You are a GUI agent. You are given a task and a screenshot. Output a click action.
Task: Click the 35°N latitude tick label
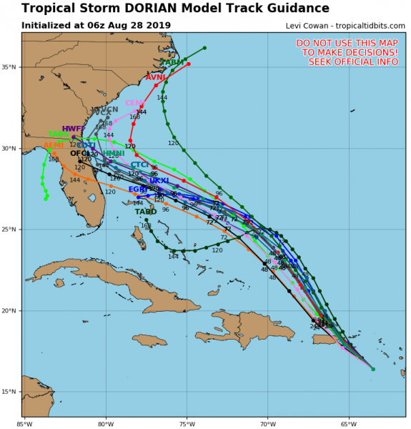click(11, 67)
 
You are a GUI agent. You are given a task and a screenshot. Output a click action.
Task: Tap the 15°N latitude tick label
click(11, 392)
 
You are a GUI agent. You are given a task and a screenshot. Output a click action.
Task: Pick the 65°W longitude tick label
click(349, 422)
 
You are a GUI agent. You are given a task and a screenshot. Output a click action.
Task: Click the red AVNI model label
click(156, 77)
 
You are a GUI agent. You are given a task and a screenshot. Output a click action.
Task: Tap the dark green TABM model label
click(172, 63)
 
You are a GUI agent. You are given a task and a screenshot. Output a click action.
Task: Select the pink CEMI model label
click(135, 104)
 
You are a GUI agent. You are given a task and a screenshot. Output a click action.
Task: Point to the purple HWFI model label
click(73, 129)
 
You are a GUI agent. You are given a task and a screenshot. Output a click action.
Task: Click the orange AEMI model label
click(54, 146)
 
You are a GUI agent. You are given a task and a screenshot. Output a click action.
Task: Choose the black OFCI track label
click(80, 154)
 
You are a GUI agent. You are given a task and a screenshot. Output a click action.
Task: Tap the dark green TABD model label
click(146, 212)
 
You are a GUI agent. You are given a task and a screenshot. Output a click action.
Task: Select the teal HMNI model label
click(113, 154)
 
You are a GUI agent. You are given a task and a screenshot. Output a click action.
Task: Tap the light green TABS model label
click(59, 134)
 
